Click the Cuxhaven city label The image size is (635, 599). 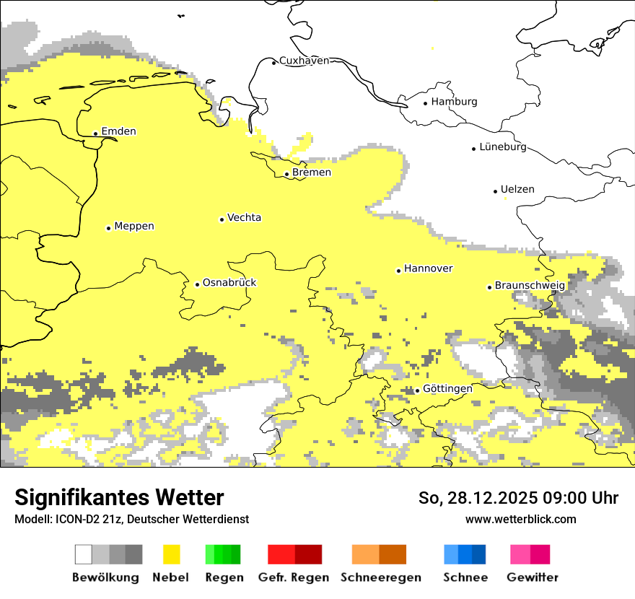coord(304,61)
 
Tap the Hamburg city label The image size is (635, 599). coord(454,102)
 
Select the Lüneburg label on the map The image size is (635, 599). coord(503,147)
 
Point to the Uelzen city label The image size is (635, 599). coord(517,190)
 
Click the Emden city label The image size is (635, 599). coord(118,131)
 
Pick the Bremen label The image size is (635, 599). coord(312,172)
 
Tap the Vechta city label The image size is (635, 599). coord(244,218)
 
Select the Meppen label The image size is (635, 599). coord(134,227)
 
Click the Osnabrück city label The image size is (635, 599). coord(229,283)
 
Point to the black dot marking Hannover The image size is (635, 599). coord(398,271)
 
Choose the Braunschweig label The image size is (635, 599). coord(530,286)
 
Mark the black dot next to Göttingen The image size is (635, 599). coord(417,390)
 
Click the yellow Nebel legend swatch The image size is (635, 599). coord(171,554)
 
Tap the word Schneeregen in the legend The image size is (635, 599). coord(380,577)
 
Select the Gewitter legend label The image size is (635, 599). coord(532,577)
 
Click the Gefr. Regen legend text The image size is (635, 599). coord(294,577)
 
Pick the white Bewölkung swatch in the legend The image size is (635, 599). coord(84,554)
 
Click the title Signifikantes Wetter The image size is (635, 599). coord(119,498)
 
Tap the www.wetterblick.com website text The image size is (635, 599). coord(520,519)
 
